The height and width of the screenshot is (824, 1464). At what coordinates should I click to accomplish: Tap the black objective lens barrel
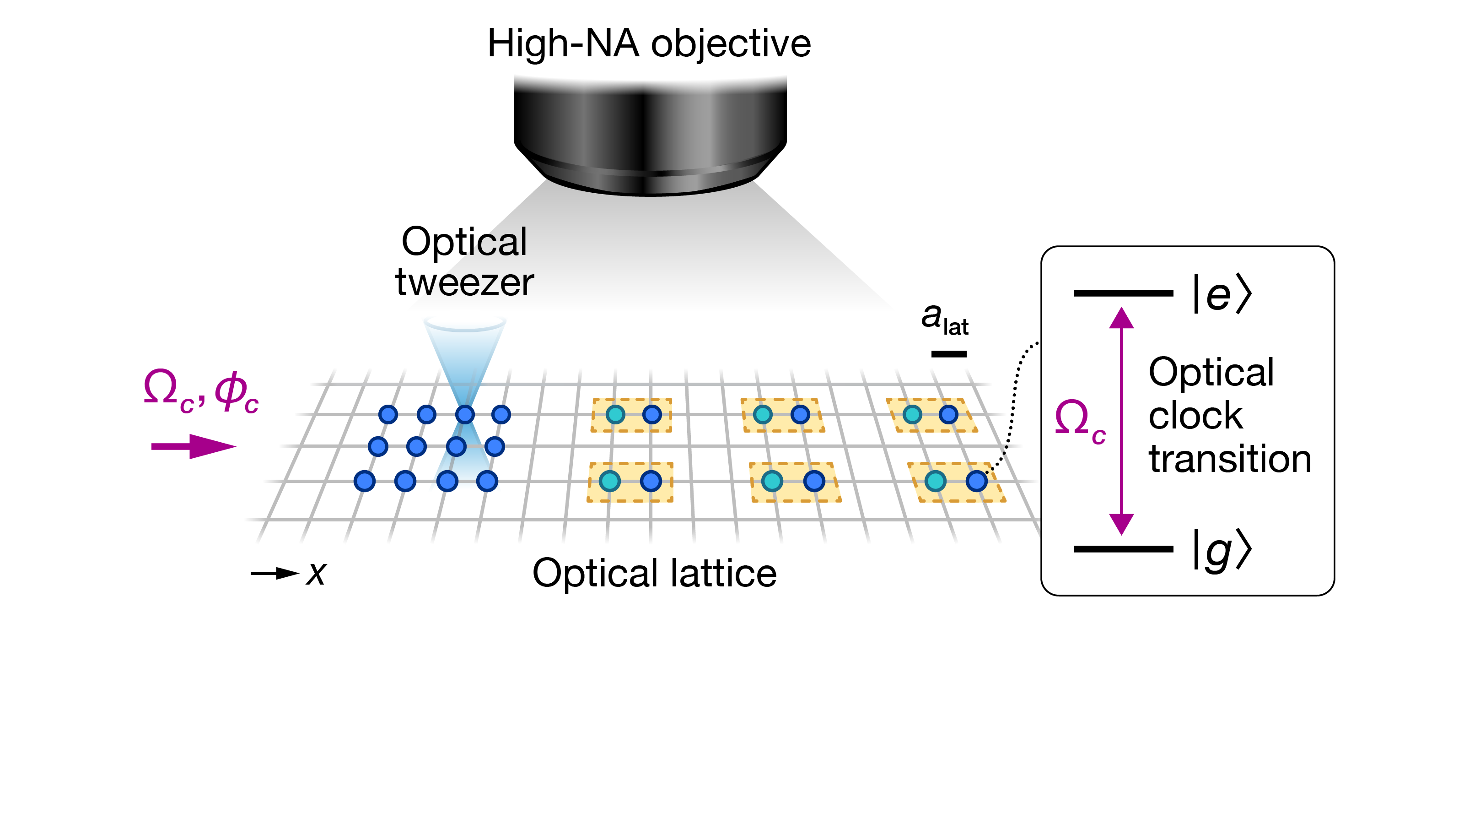[650, 131]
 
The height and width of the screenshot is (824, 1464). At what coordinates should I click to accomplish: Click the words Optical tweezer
[464, 261]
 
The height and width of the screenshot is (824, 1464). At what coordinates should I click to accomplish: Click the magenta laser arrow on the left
[193, 446]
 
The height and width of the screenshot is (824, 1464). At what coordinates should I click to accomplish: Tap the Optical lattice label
[654, 573]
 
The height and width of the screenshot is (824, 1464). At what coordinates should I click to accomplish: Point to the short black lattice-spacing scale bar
[948, 354]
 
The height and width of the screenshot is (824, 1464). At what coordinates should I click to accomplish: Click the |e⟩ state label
[1222, 294]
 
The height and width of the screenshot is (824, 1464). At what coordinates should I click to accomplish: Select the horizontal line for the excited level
[1123, 293]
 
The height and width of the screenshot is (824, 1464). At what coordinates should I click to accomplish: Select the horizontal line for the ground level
[1123, 549]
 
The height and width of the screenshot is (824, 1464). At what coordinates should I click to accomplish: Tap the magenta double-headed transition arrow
[1121, 421]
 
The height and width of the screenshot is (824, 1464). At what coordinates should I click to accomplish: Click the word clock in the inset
[1195, 416]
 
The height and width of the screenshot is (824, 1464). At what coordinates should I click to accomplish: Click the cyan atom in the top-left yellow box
[615, 415]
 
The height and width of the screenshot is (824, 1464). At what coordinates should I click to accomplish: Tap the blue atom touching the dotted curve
[976, 482]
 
